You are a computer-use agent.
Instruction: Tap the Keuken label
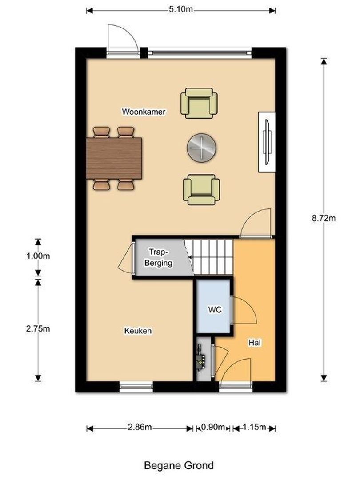click(x=138, y=331)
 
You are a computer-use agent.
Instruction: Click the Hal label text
click(x=254, y=343)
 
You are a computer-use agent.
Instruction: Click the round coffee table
click(x=202, y=147)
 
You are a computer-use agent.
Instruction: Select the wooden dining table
click(x=114, y=158)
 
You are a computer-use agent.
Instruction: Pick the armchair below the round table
click(x=201, y=189)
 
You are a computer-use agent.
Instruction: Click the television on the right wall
click(x=267, y=142)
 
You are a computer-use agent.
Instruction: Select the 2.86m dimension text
click(x=140, y=428)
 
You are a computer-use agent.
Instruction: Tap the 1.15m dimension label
click(x=254, y=428)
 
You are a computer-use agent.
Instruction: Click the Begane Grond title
click(x=179, y=465)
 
